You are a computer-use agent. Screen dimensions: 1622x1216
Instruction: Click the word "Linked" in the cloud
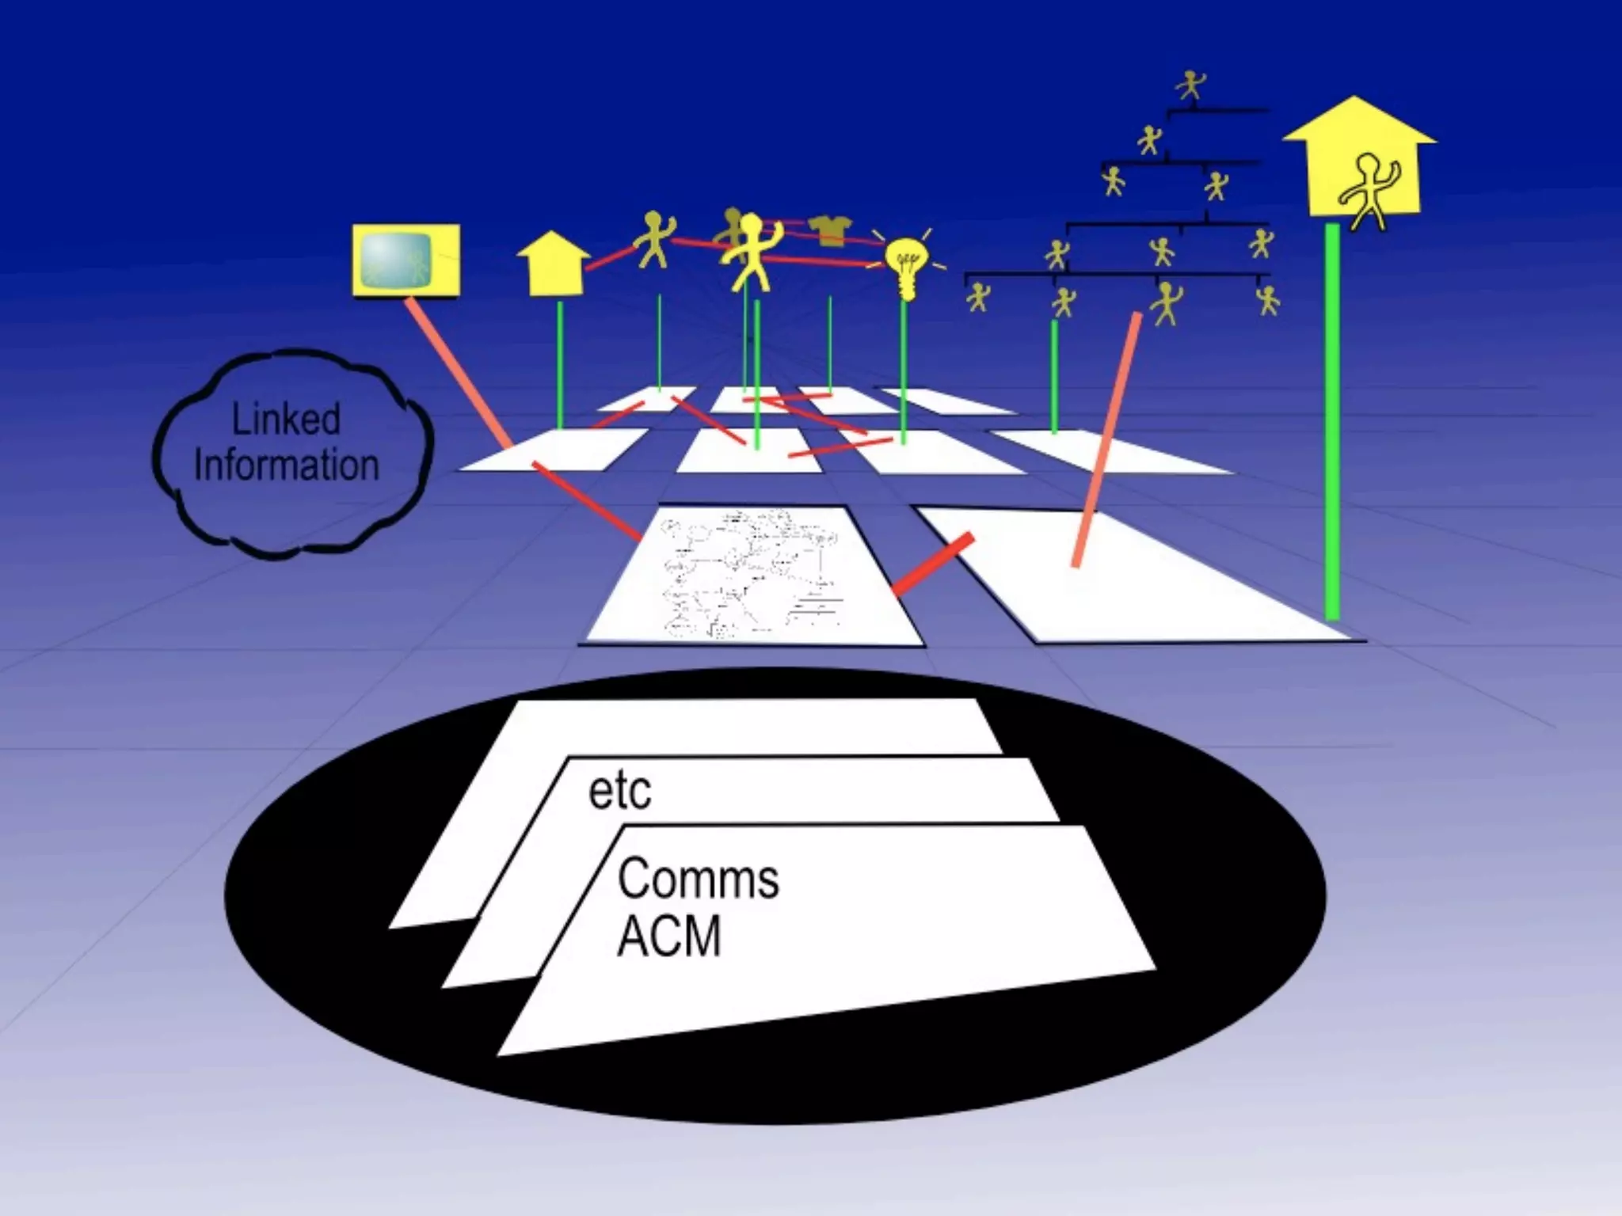tap(286, 419)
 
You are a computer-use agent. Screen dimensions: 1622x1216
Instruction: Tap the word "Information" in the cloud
tap(286, 465)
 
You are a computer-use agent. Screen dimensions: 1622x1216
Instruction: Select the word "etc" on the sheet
tap(619, 790)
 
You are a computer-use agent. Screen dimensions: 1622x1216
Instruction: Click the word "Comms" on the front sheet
tap(698, 879)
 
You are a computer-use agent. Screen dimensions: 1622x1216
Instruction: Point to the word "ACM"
tap(668, 936)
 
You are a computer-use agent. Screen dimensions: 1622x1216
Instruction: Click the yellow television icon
tap(405, 260)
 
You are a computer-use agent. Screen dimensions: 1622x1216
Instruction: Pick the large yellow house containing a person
tap(1359, 158)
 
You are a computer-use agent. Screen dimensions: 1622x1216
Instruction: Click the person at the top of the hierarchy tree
tap(1190, 85)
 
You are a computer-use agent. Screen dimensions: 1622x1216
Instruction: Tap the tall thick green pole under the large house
tap(1332, 420)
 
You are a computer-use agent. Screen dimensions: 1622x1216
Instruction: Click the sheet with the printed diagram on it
tap(752, 575)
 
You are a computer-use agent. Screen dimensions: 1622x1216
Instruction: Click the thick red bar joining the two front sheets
tap(933, 564)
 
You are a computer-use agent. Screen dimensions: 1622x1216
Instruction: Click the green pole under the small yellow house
tap(560, 364)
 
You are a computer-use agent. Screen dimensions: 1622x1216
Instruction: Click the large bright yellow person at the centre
tap(748, 249)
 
